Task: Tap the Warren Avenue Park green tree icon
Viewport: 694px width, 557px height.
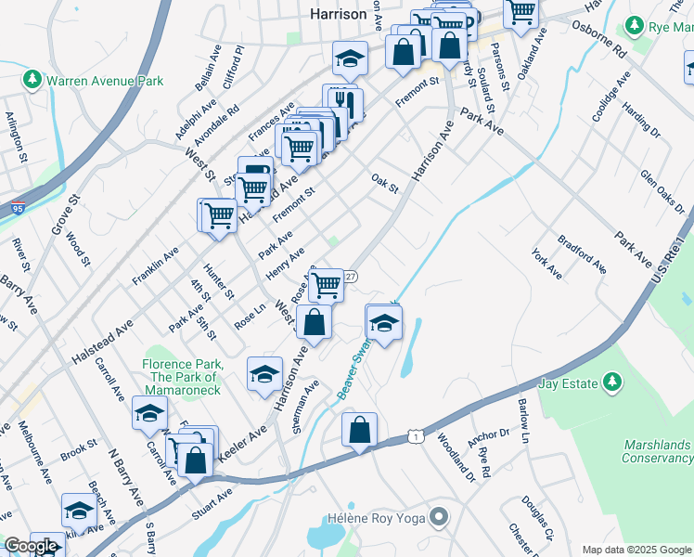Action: (x=32, y=81)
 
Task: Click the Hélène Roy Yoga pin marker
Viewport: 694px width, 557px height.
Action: (x=440, y=516)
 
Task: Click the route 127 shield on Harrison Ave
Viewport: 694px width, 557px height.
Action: (x=350, y=277)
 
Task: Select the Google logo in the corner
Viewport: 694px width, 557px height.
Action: (x=31, y=546)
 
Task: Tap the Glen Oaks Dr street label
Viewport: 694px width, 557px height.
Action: (x=661, y=190)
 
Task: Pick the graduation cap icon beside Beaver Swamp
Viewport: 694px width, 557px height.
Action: (x=382, y=323)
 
